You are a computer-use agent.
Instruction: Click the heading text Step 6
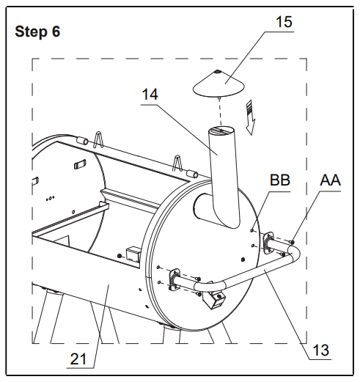click(x=38, y=32)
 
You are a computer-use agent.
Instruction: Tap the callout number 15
click(x=284, y=21)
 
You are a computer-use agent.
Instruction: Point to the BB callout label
click(x=279, y=180)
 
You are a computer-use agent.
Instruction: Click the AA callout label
click(x=331, y=180)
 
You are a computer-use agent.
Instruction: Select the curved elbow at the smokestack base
click(x=213, y=213)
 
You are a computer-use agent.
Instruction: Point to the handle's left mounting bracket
click(x=177, y=279)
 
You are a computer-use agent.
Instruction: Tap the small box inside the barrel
click(x=133, y=254)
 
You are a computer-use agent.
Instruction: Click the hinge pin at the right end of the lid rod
click(x=194, y=174)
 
